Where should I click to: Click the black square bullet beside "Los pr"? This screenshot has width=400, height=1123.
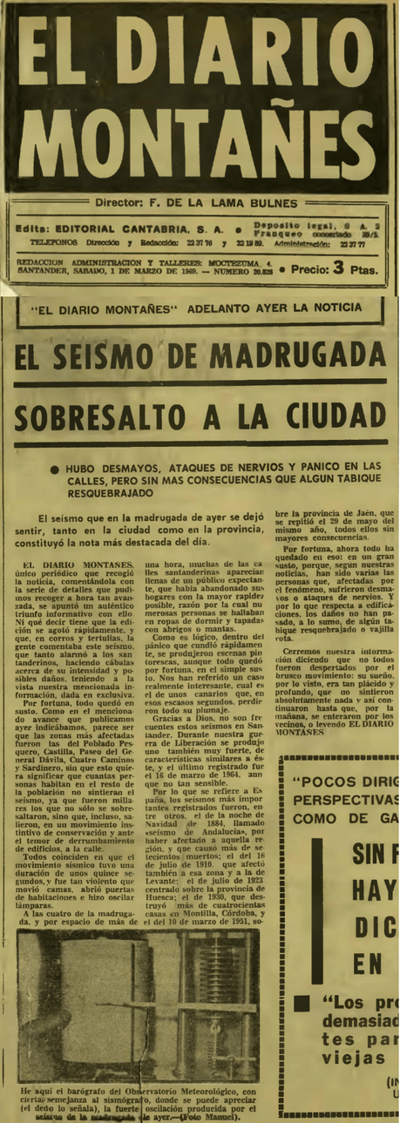point(300,1003)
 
